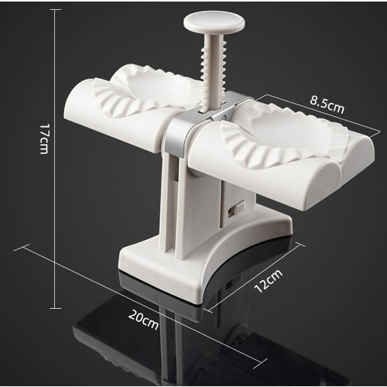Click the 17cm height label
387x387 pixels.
pyautogui.click(x=44, y=139)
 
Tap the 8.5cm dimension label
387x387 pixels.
pyautogui.click(x=327, y=104)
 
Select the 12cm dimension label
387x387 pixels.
pyautogui.click(x=268, y=281)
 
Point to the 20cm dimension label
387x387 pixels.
pyautogui.click(x=143, y=320)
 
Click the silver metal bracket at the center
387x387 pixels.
pyautogui.click(x=196, y=122)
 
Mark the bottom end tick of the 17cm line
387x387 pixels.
pyautogui.click(x=55, y=308)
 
